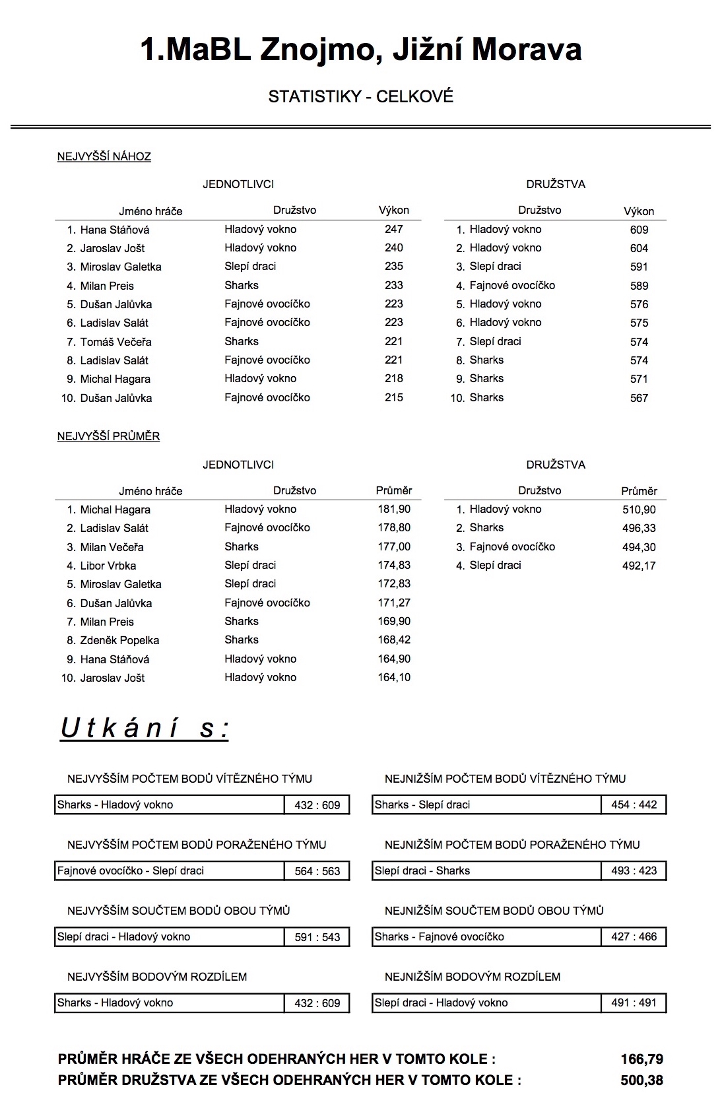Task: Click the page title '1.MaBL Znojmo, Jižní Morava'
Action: coord(360,49)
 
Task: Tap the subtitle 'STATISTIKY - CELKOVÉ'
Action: coord(360,97)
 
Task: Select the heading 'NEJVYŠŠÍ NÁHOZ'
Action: coord(104,157)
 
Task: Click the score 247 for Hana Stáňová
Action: coord(393,230)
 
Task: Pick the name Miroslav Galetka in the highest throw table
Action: coord(121,267)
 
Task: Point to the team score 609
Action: coord(639,230)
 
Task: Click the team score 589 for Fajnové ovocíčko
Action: coord(639,286)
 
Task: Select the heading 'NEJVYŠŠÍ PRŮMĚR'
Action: coord(108,437)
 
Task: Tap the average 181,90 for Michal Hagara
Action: coord(394,509)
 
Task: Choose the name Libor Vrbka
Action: coord(108,566)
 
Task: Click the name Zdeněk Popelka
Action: coord(119,640)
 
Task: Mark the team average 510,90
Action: coord(639,509)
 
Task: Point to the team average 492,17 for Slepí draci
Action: coord(639,566)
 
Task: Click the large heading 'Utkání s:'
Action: coord(145,729)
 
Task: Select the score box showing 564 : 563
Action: coord(317,871)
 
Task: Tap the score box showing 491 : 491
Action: coord(634,1003)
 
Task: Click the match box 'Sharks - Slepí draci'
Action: coord(486,805)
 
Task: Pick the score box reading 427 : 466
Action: coord(634,937)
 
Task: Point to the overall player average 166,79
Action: coord(641,1059)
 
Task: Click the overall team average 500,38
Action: coord(641,1080)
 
